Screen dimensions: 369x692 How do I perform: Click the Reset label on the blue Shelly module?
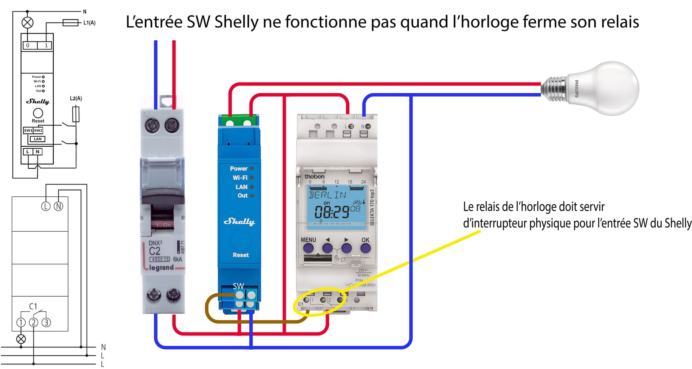[240, 255]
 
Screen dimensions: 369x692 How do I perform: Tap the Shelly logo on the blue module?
[239, 221]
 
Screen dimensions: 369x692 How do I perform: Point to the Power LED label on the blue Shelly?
[239, 169]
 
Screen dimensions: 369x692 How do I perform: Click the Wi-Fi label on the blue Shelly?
[240, 178]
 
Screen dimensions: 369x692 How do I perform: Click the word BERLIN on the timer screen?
[327, 195]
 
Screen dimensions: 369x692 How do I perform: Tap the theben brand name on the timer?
[314, 177]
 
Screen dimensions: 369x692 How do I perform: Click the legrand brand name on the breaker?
[161, 268]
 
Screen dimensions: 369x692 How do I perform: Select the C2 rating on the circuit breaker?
[155, 251]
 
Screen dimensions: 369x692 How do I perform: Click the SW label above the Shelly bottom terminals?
[238, 286]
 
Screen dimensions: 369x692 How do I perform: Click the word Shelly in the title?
[236, 22]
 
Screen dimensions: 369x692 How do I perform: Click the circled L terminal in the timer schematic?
[46, 206]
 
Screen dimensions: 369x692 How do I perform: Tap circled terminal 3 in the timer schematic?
[46, 323]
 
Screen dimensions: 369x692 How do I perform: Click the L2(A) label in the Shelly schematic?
[76, 98]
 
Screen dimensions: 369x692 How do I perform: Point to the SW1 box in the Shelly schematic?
[28, 130]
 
